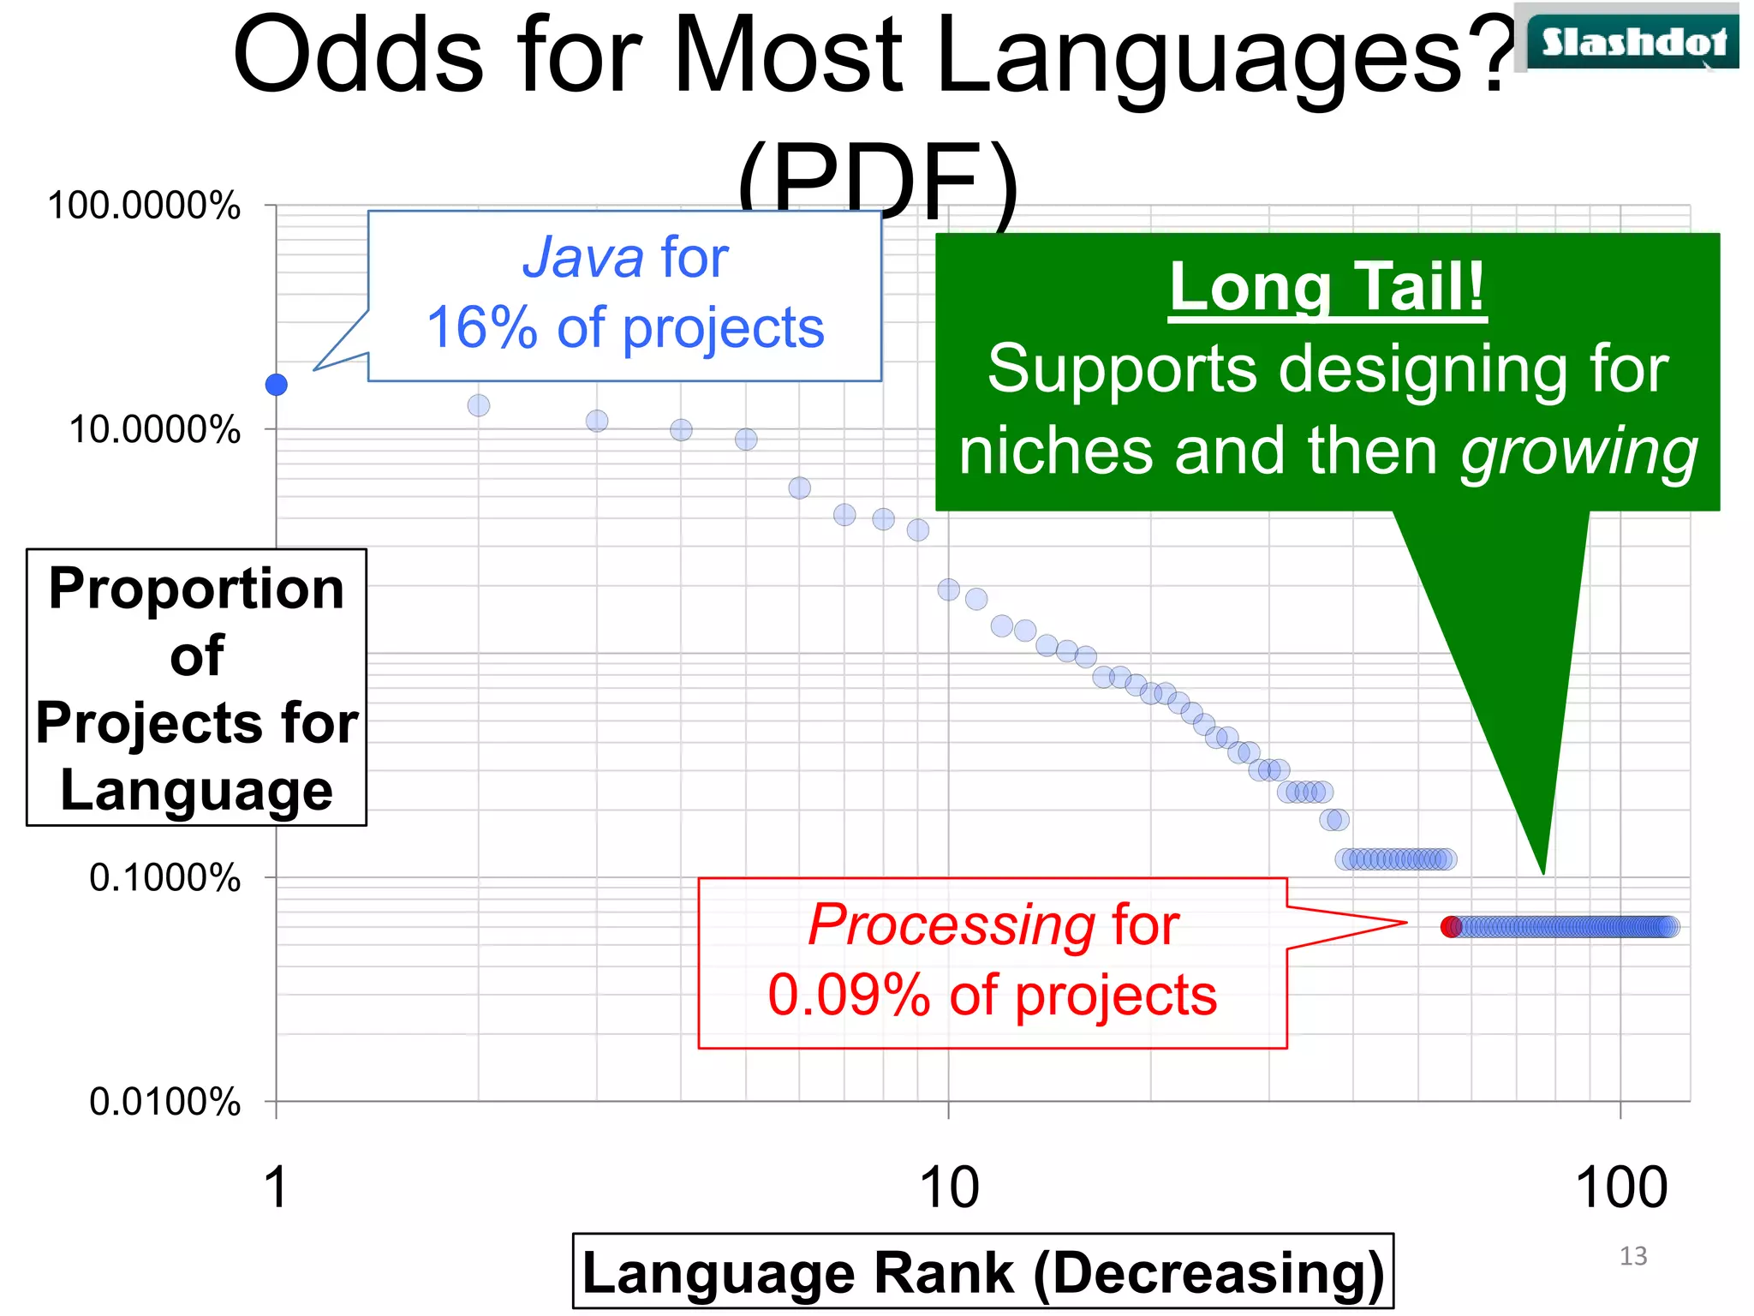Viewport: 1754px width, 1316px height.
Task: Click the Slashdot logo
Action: coord(1633,41)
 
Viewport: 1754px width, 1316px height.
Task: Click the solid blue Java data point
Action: coord(276,385)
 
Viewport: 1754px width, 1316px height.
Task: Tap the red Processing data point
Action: coord(1450,926)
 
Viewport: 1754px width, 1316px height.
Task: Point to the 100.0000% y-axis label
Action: coord(144,206)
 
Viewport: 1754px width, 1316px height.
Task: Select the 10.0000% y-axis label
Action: coord(154,429)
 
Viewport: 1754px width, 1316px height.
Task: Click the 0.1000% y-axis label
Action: coord(164,877)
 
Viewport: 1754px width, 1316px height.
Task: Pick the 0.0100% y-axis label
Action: coord(164,1101)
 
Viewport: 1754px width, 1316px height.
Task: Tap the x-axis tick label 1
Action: coord(276,1187)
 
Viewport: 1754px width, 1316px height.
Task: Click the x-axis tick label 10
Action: coord(948,1187)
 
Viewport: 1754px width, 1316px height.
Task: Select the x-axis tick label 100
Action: coord(1620,1187)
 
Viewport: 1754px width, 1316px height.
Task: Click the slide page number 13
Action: coord(1633,1256)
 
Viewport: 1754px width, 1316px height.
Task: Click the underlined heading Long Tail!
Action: coord(1327,287)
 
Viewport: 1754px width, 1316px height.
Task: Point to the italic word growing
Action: coord(1578,452)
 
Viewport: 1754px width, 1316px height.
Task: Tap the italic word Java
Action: coord(582,257)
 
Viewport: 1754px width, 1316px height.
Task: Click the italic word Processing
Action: coord(951,925)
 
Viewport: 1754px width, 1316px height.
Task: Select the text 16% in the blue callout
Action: coord(482,327)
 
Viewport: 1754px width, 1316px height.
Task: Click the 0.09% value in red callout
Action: coord(848,996)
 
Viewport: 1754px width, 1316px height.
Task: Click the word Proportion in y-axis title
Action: coord(196,589)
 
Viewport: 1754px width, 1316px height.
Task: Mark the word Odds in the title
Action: coord(358,56)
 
